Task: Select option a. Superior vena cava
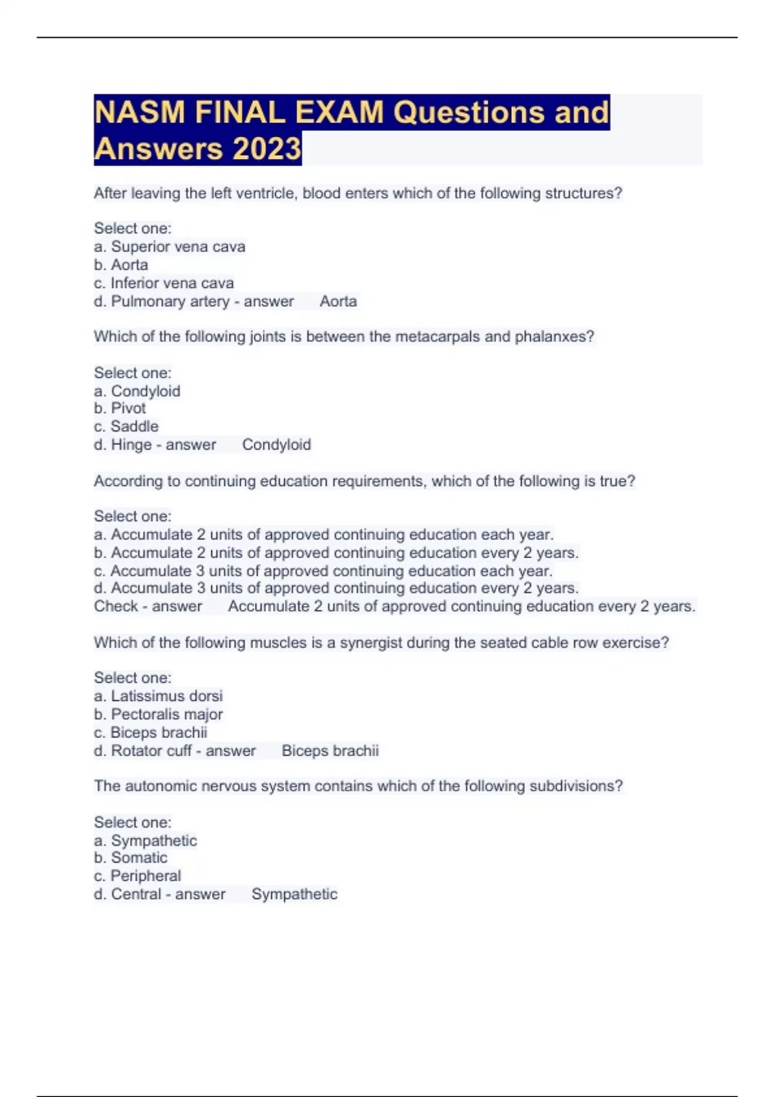169,247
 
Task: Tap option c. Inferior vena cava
163,283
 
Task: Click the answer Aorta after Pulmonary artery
338,301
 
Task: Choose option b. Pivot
120,408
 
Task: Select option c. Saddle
126,427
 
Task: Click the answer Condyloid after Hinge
276,445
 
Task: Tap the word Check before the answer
116,606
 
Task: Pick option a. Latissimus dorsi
158,696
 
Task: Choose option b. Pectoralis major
158,714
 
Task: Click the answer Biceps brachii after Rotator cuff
330,750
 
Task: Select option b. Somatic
130,858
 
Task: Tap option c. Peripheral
138,876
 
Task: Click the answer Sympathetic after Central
294,894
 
